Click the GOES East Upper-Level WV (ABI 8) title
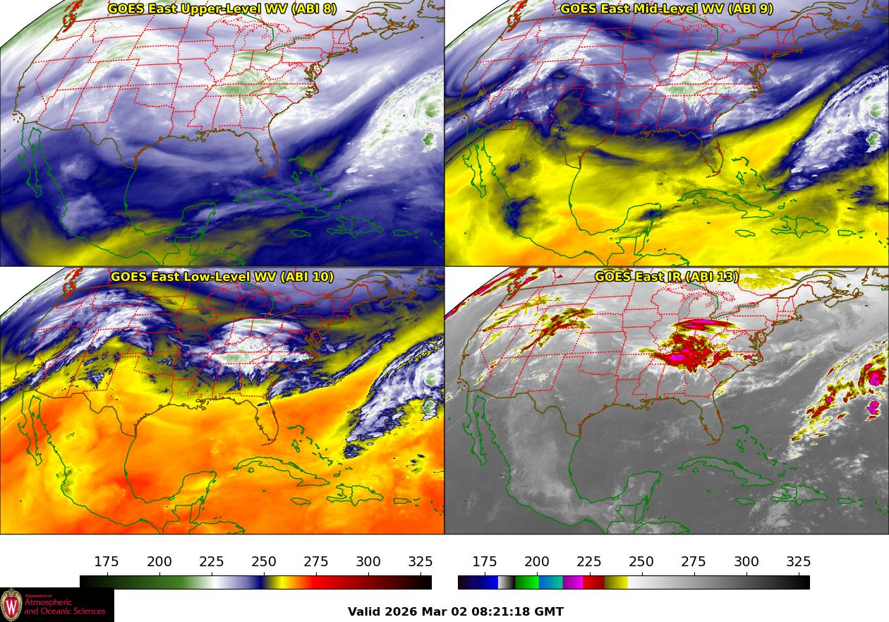222,9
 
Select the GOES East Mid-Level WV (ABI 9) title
667,9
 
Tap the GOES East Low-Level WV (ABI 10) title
222,277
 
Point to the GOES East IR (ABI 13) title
667,277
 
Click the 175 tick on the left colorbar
107,562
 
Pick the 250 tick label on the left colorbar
264,562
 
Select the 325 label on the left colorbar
421,562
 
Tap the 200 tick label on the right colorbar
537,562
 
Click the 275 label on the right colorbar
694,562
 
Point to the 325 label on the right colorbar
798,562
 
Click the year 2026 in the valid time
401,612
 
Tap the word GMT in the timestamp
550,612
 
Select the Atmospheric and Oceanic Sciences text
64,606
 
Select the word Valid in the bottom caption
365,612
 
